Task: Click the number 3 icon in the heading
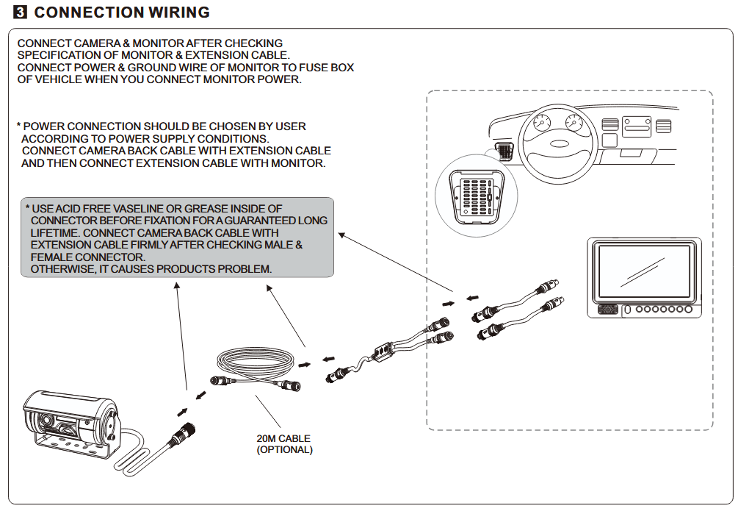click(x=21, y=12)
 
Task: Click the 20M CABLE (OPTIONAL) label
click(x=284, y=444)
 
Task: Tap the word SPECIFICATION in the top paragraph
click(x=56, y=55)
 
